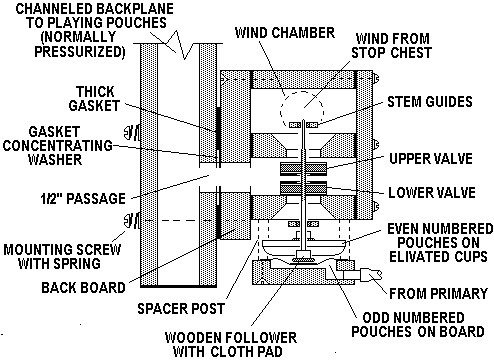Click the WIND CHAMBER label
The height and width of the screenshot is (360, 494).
coord(285,33)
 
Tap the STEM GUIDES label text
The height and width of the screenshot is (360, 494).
coord(430,102)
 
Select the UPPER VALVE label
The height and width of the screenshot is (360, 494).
coord(431,159)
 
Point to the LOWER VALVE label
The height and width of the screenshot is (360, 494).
coord(432,193)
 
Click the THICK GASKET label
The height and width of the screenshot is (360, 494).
coord(94,99)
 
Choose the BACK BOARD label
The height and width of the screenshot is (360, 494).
coord(83,287)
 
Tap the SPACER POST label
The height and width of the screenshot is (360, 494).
coord(181,309)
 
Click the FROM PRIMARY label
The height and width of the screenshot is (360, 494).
coord(439,294)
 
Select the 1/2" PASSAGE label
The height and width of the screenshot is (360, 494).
coord(83,199)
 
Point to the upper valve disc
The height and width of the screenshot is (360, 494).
coord(303,169)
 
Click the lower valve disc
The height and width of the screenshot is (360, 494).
coord(303,188)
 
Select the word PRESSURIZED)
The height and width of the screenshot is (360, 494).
coord(80,51)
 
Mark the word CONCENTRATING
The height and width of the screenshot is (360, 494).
coord(58,146)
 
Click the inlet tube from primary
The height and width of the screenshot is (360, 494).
coord(362,275)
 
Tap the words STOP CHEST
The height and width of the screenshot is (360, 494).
coord(392,53)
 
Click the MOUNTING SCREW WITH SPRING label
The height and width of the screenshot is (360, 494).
coord(62,256)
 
